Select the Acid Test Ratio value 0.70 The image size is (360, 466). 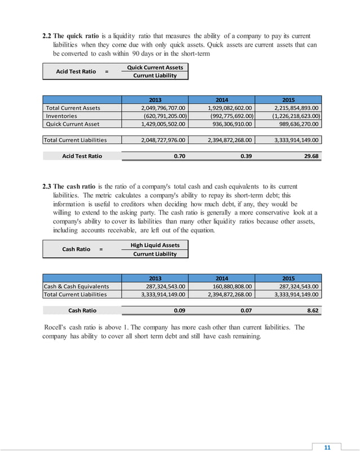tap(179, 156)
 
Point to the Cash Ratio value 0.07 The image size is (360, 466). tap(245, 310)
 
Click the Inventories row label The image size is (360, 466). tap(62, 116)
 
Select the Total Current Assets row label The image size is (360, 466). tap(73, 108)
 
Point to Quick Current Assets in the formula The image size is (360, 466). tap(155, 67)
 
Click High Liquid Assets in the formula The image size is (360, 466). tap(155, 245)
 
